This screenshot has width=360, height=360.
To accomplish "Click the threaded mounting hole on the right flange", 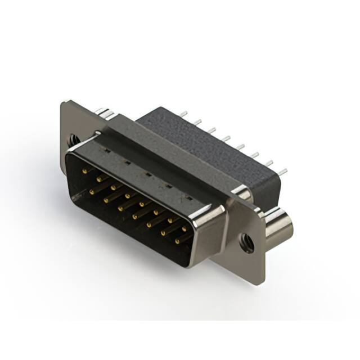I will point(246,244).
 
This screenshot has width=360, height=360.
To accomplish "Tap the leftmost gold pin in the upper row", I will point(84,169).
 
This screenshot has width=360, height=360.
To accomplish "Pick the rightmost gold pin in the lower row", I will point(177,241).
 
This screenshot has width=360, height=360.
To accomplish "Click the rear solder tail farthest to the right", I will point(283,171).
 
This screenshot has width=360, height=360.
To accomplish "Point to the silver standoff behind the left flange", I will point(104,114).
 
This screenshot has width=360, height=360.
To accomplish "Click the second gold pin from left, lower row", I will point(105,199).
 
